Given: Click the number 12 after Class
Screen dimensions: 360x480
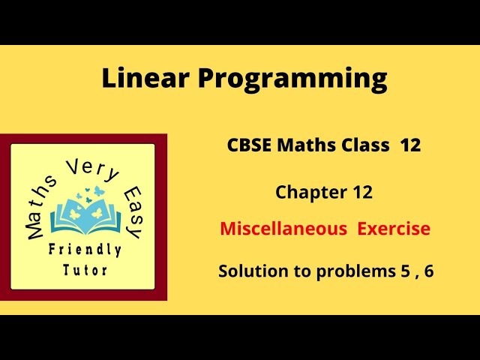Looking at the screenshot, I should pyautogui.click(x=410, y=145).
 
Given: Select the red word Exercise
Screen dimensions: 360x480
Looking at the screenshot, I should pyautogui.click(x=394, y=229).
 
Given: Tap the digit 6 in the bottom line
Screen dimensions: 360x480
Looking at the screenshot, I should pyautogui.click(x=429, y=271).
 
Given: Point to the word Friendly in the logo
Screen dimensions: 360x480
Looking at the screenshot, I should pyautogui.click(x=85, y=250).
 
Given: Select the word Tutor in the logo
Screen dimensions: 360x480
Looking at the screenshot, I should pyautogui.click(x=85, y=269).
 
